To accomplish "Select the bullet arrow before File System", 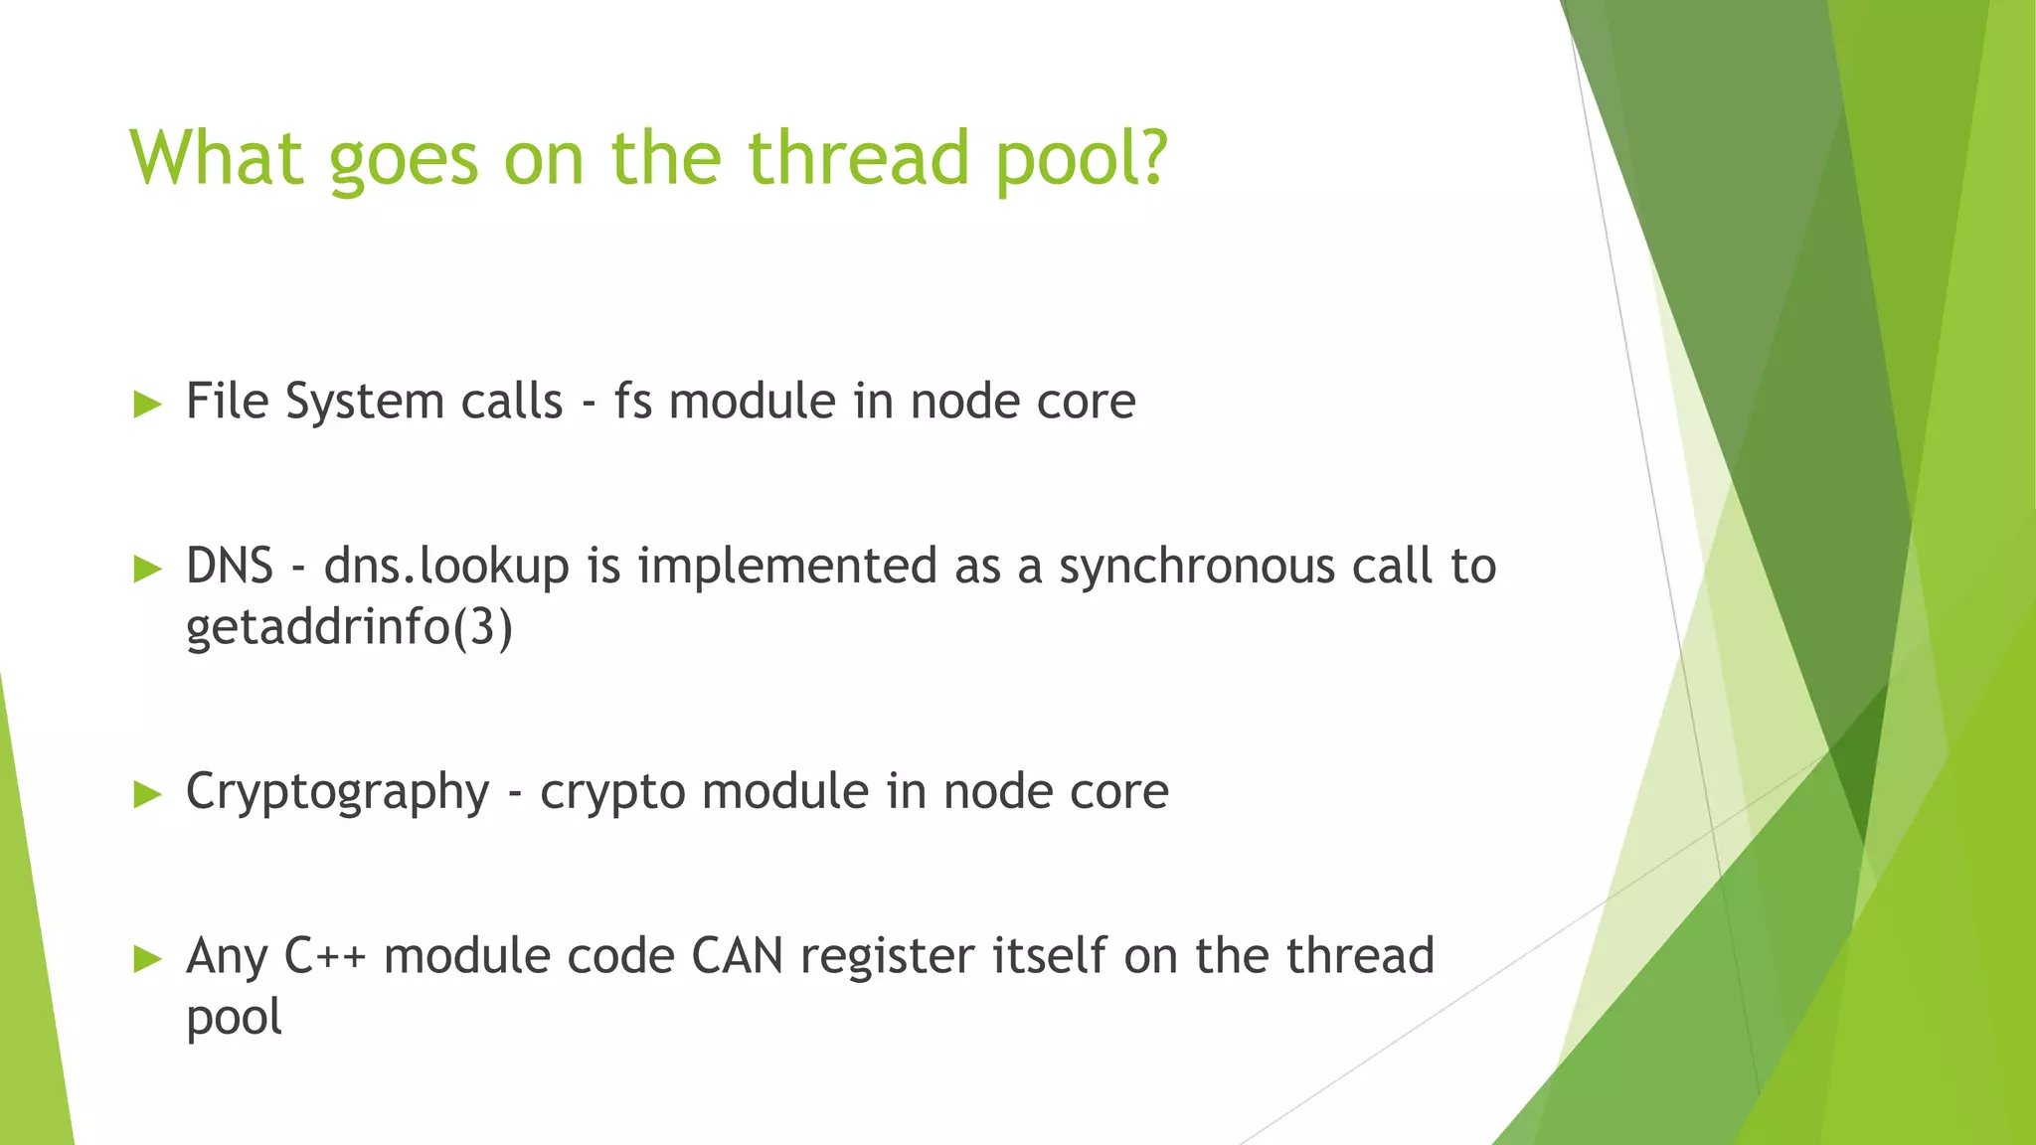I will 147,404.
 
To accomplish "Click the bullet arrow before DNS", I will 147,569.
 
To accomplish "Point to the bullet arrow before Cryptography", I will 147,793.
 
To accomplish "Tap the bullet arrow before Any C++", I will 147,958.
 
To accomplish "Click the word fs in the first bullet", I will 632,402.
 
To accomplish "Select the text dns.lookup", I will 446,567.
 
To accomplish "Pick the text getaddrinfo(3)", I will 349,627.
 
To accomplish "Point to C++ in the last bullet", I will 325,956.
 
